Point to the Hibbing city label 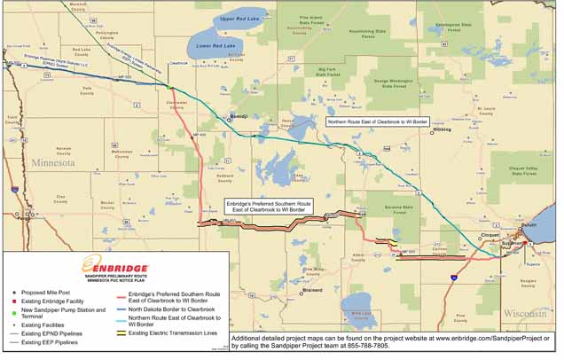click(441, 129)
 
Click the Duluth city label click(529, 226)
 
